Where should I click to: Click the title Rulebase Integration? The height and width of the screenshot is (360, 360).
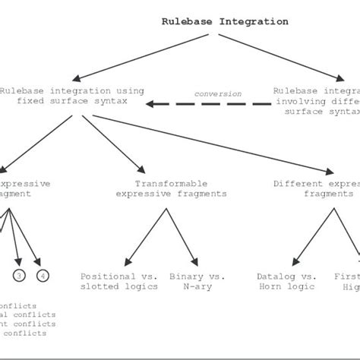[x=225, y=21]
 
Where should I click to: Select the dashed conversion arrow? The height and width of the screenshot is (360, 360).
[x=209, y=104]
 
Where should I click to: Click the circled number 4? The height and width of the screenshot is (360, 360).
[x=43, y=275]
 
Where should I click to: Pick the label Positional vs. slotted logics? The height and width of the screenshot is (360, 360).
[x=119, y=281]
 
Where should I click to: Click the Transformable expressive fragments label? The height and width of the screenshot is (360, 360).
[x=171, y=188]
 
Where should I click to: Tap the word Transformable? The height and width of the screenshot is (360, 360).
[x=171, y=184]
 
